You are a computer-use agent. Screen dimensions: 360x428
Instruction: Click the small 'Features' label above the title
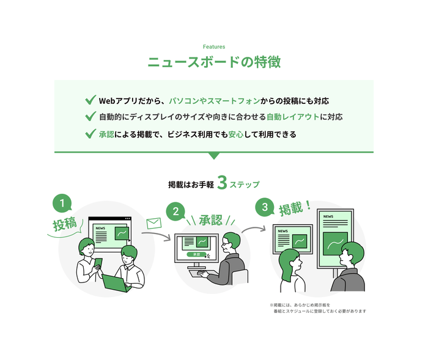pos(214,46)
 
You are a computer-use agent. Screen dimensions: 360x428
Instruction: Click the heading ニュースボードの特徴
pos(214,62)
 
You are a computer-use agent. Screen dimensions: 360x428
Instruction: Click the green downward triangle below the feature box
pos(214,155)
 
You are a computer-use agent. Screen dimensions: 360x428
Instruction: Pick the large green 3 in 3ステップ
pos(222,183)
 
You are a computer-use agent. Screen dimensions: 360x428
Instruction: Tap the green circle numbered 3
pos(265,207)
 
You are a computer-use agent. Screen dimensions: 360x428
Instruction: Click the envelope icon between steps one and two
pos(153,223)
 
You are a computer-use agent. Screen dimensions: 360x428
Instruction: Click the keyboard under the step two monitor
pos(201,273)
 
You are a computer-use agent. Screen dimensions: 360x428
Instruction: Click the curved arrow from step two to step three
pos(254,229)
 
